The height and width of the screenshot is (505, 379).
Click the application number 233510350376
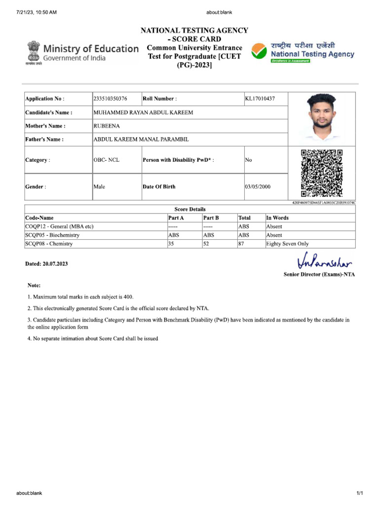click(x=110, y=99)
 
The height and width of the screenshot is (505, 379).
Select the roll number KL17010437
click(x=260, y=99)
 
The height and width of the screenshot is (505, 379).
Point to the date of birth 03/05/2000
click(x=258, y=187)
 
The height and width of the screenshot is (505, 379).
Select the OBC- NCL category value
click(x=106, y=160)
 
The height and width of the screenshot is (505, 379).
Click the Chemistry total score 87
click(x=242, y=244)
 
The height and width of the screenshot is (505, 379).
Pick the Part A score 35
click(x=172, y=244)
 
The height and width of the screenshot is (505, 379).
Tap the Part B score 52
click(x=206, y=244)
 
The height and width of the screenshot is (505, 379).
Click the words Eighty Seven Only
click(x=287, y=244)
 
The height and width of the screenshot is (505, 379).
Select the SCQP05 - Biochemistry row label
click(x=52, y=235)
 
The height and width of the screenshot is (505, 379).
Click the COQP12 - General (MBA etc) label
click(x=59, y=226)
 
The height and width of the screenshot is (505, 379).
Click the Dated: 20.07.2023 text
click(x=46, y=264)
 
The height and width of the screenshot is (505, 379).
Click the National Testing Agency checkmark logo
click(x=259, y=51)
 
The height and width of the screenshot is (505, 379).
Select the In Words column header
click(x=277, y=217)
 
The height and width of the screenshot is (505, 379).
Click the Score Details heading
click(x=190, y=209)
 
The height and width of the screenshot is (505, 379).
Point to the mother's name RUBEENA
click(x=107, y=126)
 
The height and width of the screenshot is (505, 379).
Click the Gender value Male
click(x=99, y=187)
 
